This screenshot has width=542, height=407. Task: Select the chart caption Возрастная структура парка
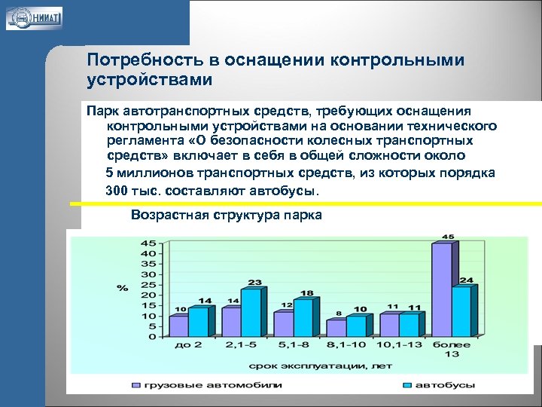tap(226, 215)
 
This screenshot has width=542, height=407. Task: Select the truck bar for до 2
tap(178, 326)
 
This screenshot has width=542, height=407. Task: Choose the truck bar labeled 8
tap(336, 328)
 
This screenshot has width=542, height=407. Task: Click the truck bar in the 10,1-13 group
tap(389, 325)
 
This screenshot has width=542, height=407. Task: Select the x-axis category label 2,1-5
tap(240, 344)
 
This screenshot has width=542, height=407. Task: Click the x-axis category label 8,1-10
tap(346, 344)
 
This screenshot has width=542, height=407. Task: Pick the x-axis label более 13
tap(452, 349)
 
